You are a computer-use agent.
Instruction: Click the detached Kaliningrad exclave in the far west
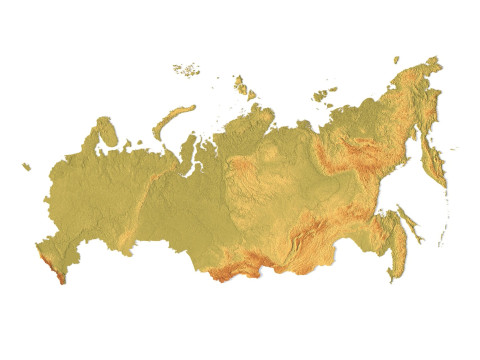[x=26, y=167]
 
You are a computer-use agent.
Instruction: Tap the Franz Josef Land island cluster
[x=185, y=70]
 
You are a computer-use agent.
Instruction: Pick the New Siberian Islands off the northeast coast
[x=322, y=95]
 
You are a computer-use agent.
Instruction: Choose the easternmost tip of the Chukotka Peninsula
[x=441, y=63]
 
